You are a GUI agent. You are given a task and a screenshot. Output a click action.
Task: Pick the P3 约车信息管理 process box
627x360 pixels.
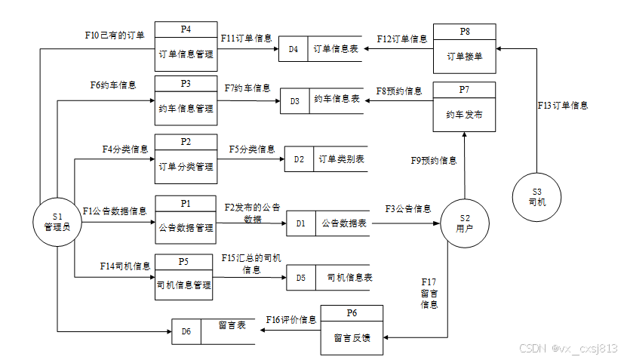[186, 100]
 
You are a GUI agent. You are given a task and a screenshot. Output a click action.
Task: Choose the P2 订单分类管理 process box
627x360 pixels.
[186, 159]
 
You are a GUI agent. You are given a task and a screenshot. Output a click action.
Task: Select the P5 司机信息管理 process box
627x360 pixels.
[185, 278]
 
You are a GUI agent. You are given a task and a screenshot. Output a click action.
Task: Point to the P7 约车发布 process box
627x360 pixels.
[464, 106]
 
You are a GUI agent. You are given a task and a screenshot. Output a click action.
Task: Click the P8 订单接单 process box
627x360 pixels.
[464, 48]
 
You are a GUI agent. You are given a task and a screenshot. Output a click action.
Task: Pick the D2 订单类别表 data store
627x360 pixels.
[327, 159]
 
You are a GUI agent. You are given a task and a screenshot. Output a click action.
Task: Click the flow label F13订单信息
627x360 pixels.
[563, 105]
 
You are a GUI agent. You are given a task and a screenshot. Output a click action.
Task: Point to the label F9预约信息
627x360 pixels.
[433, 161]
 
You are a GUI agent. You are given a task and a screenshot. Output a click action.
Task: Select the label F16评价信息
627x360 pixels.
[290, 319]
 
